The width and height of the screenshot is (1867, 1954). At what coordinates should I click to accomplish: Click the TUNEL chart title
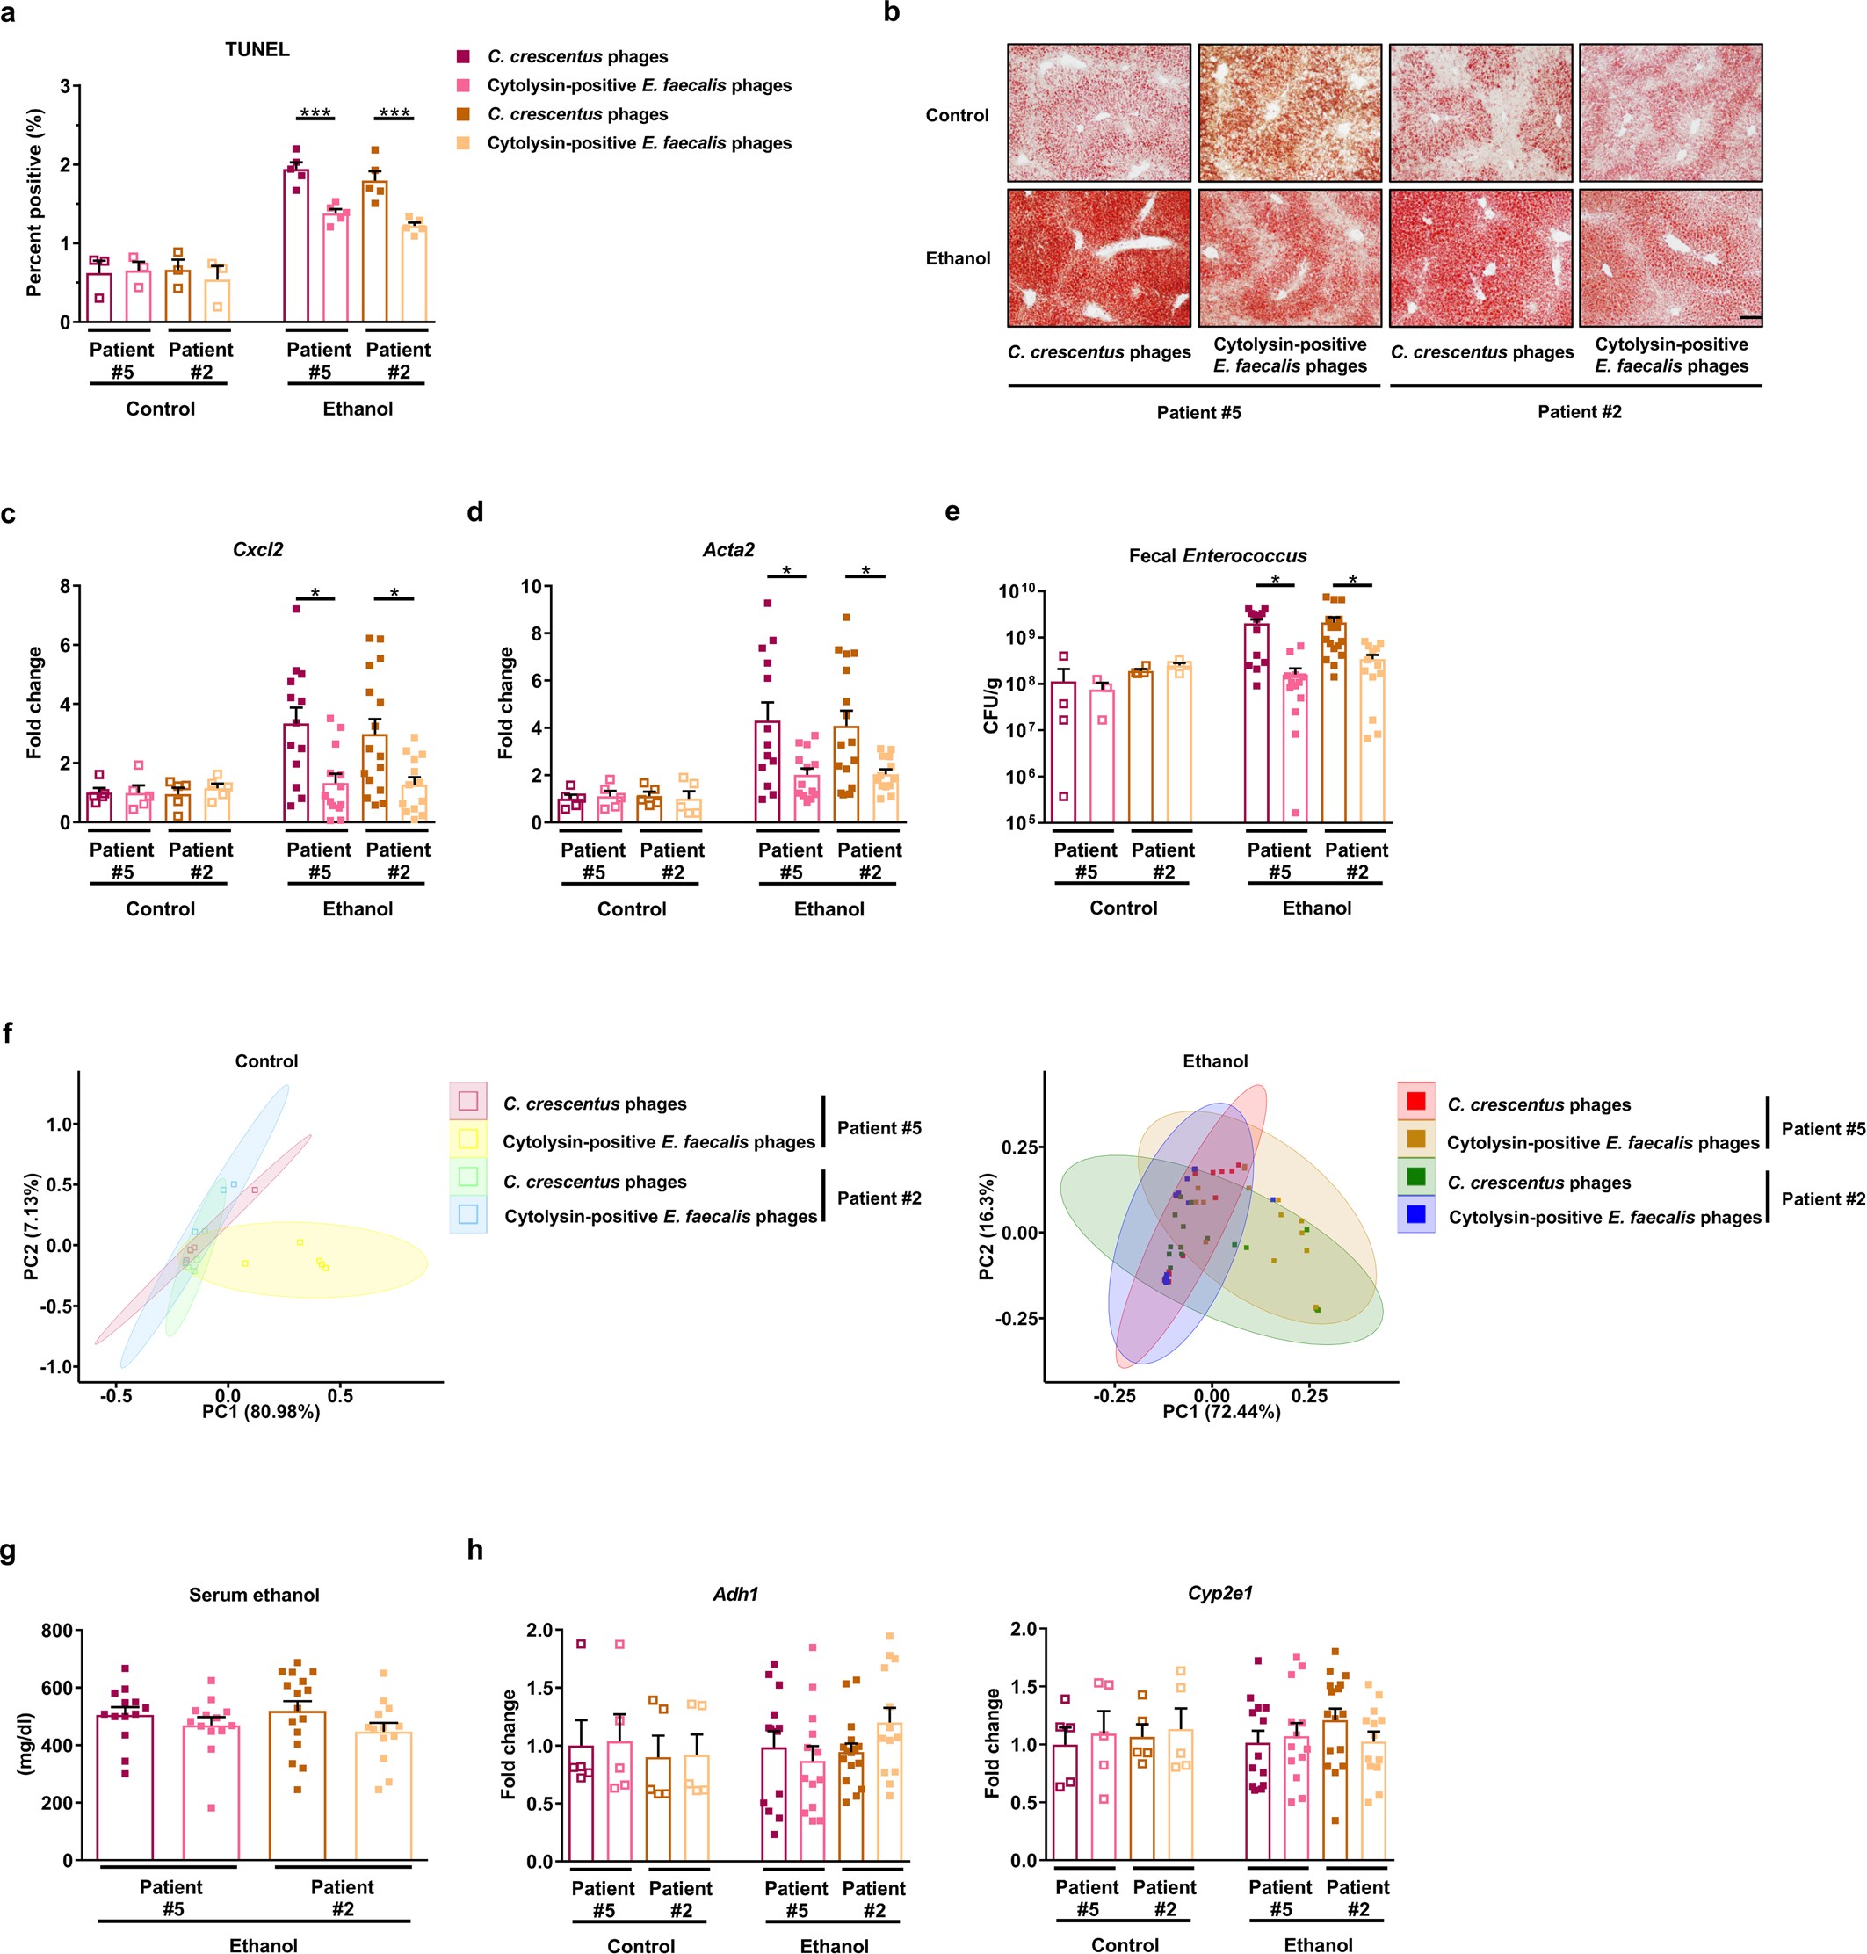click(257, 50)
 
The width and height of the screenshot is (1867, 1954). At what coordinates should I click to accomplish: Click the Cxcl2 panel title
click(257, 549)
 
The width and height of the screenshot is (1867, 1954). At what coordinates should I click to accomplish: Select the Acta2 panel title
click(728, 549)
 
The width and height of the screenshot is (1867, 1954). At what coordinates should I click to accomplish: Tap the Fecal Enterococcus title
click(1217, 555)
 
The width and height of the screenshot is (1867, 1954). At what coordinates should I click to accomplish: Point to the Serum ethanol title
click(254, 1595)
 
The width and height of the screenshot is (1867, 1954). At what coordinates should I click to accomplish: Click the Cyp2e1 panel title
click(1219, 1593)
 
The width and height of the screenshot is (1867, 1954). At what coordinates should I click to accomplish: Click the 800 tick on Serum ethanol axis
click(57, 1631)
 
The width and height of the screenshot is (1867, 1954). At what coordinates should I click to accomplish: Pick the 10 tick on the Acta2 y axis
click(531, 586)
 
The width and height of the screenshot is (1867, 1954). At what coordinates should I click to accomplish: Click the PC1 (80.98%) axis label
click(261, 1412)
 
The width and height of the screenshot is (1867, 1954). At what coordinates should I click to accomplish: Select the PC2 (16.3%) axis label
click(987, 1227)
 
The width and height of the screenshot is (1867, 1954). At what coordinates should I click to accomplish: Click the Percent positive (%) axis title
click(34, 204)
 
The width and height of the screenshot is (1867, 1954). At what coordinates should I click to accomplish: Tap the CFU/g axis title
click(990, 705)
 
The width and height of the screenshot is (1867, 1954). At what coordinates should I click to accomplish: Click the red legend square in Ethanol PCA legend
click(1415, 1101)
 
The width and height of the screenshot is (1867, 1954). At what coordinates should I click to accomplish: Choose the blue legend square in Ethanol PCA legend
click(1415, 1214)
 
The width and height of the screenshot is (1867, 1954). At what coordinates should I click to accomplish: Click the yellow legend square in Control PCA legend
click(467, 1139)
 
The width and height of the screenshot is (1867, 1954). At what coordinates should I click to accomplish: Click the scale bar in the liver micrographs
click(1750, 317)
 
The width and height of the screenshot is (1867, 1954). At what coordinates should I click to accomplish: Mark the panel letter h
click(474, 1550)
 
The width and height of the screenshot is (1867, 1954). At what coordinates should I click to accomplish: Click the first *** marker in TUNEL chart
click(315, 112)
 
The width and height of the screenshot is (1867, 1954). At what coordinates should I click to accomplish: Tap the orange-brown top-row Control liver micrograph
click(1289, 112)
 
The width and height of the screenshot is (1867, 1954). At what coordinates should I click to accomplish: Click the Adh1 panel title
click(735, 1594)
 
